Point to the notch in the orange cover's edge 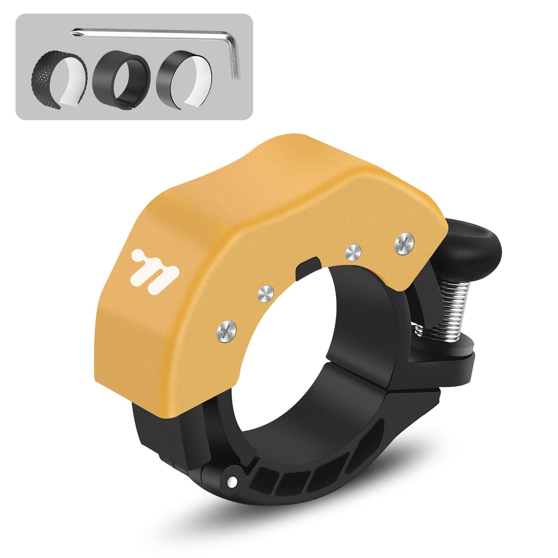click(307, 269)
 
